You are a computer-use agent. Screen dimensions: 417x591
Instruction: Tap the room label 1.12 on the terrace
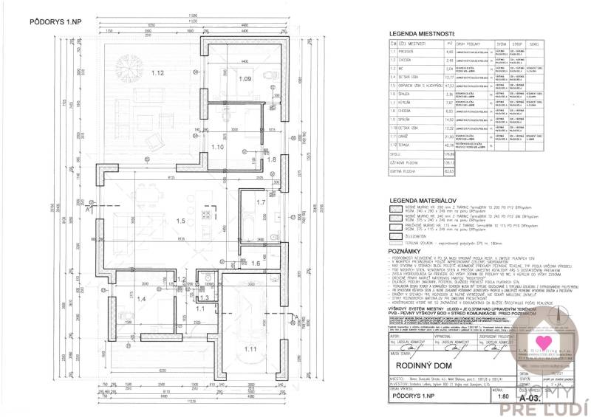(x=157, y=74)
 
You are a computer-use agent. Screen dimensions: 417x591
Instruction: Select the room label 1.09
(x=245, y=78)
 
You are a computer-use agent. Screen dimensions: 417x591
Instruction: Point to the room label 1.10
(x=217, y=148)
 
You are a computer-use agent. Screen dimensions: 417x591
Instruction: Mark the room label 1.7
(x=260, y=202)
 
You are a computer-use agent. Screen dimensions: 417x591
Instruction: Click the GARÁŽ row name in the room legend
(x=408, y=137)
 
